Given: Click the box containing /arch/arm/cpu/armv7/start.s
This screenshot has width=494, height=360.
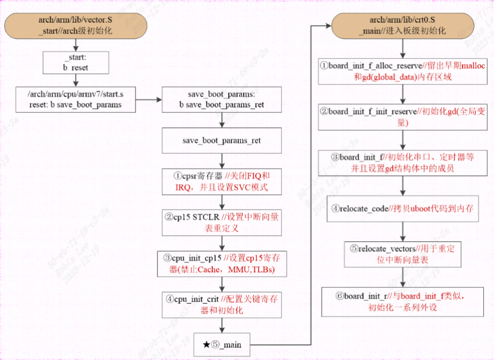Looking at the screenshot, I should [x=76, y=100].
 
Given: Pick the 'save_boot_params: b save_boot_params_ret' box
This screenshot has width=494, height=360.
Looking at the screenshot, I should [x=221, y=100].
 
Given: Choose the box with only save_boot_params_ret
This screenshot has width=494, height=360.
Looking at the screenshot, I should [x=222, y=141].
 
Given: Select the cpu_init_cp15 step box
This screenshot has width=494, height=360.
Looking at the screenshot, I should [x=222, y=264].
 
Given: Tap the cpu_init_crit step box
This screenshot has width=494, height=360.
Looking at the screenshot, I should [x=222, y=304].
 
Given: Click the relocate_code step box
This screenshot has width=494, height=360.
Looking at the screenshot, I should [x=403, y=209].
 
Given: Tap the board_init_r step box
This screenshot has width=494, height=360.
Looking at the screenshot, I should [x=403, y=302].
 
